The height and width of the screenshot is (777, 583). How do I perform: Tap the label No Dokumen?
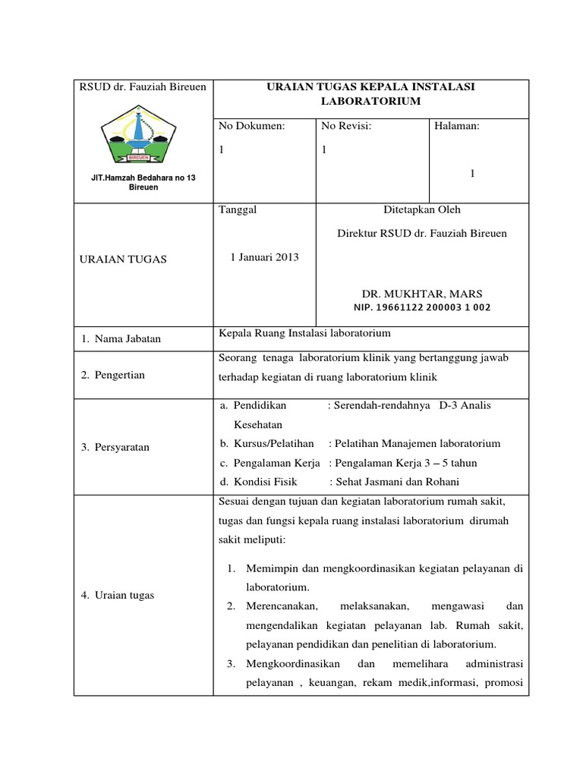click(x=251, y=126)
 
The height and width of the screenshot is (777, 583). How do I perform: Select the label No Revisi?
click(x=347, y=126)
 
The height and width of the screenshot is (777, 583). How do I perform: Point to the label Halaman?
click(x=457, y=126)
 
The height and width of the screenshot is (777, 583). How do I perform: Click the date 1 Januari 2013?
click(x=264, y=257)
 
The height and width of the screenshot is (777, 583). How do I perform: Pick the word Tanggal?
click(x=238, y=209)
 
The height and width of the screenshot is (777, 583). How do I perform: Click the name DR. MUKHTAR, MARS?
click(x=422, y=294)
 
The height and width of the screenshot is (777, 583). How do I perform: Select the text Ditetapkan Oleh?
click(x=422, y=209)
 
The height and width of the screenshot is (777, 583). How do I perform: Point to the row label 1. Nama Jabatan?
click(x=121, y=339)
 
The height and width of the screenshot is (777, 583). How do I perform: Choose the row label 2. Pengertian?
click(x=113, y=375)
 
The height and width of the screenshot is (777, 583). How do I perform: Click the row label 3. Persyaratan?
click(x=115, y=448)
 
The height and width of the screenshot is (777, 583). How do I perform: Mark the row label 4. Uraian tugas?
click(x=118, y=595)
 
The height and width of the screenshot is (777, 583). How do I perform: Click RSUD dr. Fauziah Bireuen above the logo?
click(x=143, y=87)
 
